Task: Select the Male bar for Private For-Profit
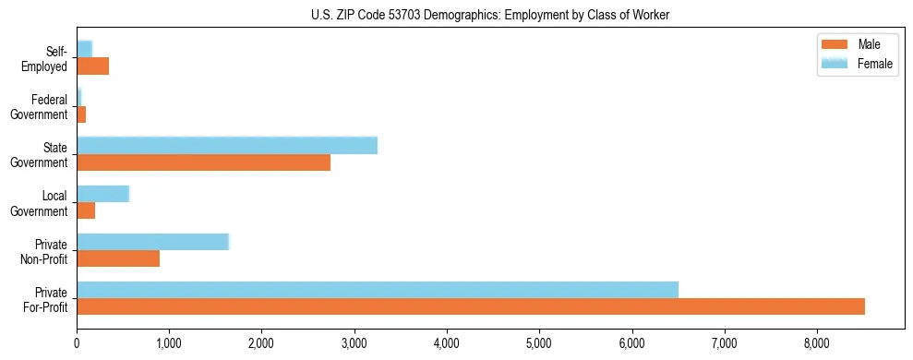pyautogui.click(x=470, y=306)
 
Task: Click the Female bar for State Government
pyautogui.click(x=226, y=145)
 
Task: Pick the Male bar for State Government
pyautogui.click(x=203, y=162)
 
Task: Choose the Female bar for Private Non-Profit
pyautogui.click(x=152, y=241)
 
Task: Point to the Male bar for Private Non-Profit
pyautogui.click(x=118, y=258)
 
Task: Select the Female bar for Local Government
pyautogui.click(x=102, y=193)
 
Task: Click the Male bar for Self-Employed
pyautogui.click(x=92, y=66)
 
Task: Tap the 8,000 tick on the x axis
pyautogui.click(x=817, y=343)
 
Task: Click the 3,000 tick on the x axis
pyautogui.click(x=354, y=343)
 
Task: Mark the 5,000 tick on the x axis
pyautogui.click(x=539, y=343)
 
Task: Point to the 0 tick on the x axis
pyautogui.click(x=77, y=343)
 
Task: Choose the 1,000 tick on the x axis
pyautogui.click(x=169, y=343)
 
